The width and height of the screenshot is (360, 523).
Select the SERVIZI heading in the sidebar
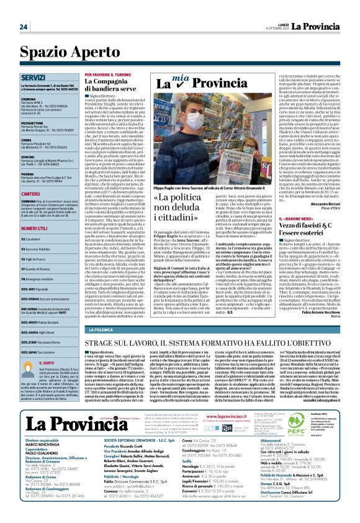point(32,77)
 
